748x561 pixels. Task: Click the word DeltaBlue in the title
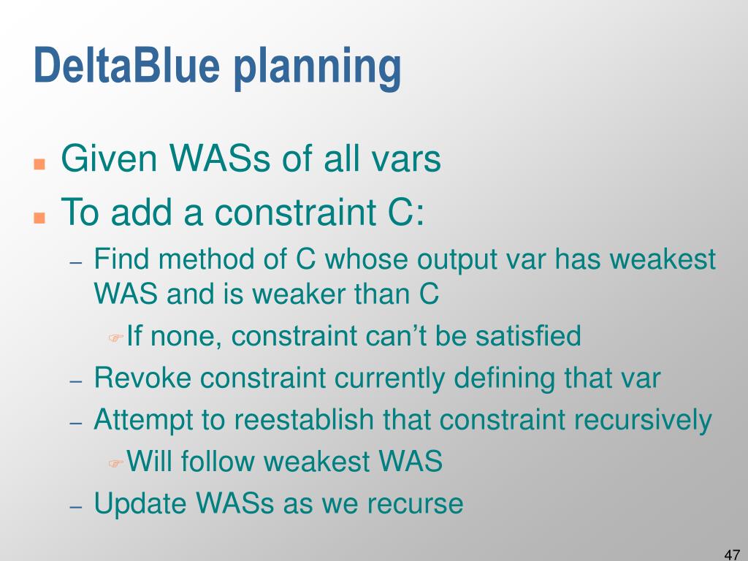point(127,65)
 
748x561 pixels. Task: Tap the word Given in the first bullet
point(110,158)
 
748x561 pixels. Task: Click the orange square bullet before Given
point(39,164)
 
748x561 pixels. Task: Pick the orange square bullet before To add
point(39,218)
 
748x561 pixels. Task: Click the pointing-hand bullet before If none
point(115,338)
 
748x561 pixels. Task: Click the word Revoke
point(142,378)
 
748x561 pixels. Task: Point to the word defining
point(505,379)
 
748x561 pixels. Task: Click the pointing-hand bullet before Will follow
point(115,463)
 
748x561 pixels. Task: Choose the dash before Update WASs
point(76,507)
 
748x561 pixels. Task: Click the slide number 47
point(732,554)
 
